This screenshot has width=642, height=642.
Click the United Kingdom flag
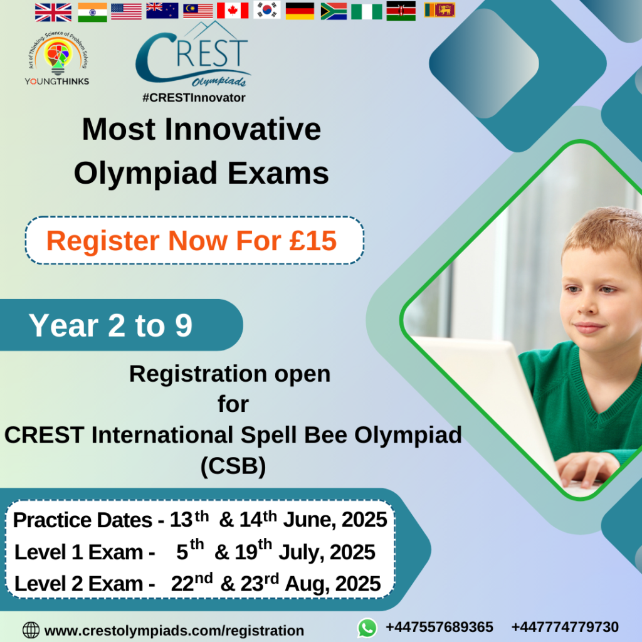point(53,12)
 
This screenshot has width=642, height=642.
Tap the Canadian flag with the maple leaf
point(233,11)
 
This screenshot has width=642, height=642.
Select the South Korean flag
point(267,10)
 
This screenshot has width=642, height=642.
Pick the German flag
point(300,11)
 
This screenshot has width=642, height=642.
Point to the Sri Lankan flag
point(439,10)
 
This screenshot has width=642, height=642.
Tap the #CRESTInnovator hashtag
point(194,98)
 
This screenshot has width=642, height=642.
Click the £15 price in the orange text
point(313,241)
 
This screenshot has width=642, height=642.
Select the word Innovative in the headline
point(243,129)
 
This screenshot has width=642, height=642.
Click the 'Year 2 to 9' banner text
point(110,325)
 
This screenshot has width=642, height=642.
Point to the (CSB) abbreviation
point(233,466)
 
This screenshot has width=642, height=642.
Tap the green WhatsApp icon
point(367,628)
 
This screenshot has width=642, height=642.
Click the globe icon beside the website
point(31,630)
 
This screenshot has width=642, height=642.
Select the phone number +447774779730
point(565,627)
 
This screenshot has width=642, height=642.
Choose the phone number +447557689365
point(439,627)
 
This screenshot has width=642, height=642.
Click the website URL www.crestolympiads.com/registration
point(174,631)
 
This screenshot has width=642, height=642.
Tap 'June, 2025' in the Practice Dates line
point(335,520)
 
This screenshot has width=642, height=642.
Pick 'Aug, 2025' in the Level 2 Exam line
point(332,584)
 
